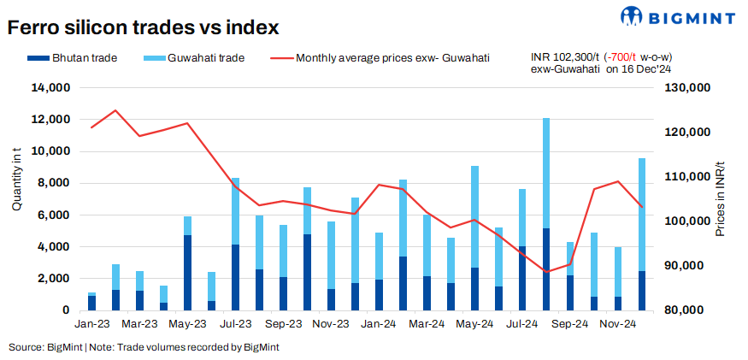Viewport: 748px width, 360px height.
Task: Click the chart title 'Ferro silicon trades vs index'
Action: coord(143,27)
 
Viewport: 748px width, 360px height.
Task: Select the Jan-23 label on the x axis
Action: coord(91,325)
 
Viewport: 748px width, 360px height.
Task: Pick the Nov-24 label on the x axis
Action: coord(617,325)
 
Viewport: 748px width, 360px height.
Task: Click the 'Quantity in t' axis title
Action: coord(18,180)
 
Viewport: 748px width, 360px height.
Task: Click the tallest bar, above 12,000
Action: coord(546,171)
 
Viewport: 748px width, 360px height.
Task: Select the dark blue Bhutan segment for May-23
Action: coord(188,272)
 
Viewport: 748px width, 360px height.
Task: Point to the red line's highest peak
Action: coord(115,110)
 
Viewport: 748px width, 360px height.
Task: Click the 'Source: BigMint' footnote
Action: coord(44,347)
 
